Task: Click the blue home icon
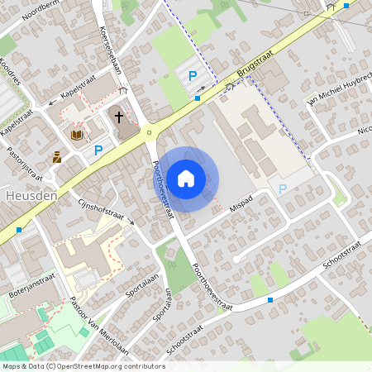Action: [186, 179]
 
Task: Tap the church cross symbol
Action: [120, 117]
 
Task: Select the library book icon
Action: [77, 134]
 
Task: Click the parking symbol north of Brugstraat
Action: [193, 77]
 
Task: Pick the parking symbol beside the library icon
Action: [98, 150]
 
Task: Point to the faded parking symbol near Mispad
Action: [283, 189]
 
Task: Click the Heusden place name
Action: [30, 197]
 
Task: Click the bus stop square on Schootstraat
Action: [270, 301]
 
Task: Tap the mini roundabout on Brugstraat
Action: [149, 132]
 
